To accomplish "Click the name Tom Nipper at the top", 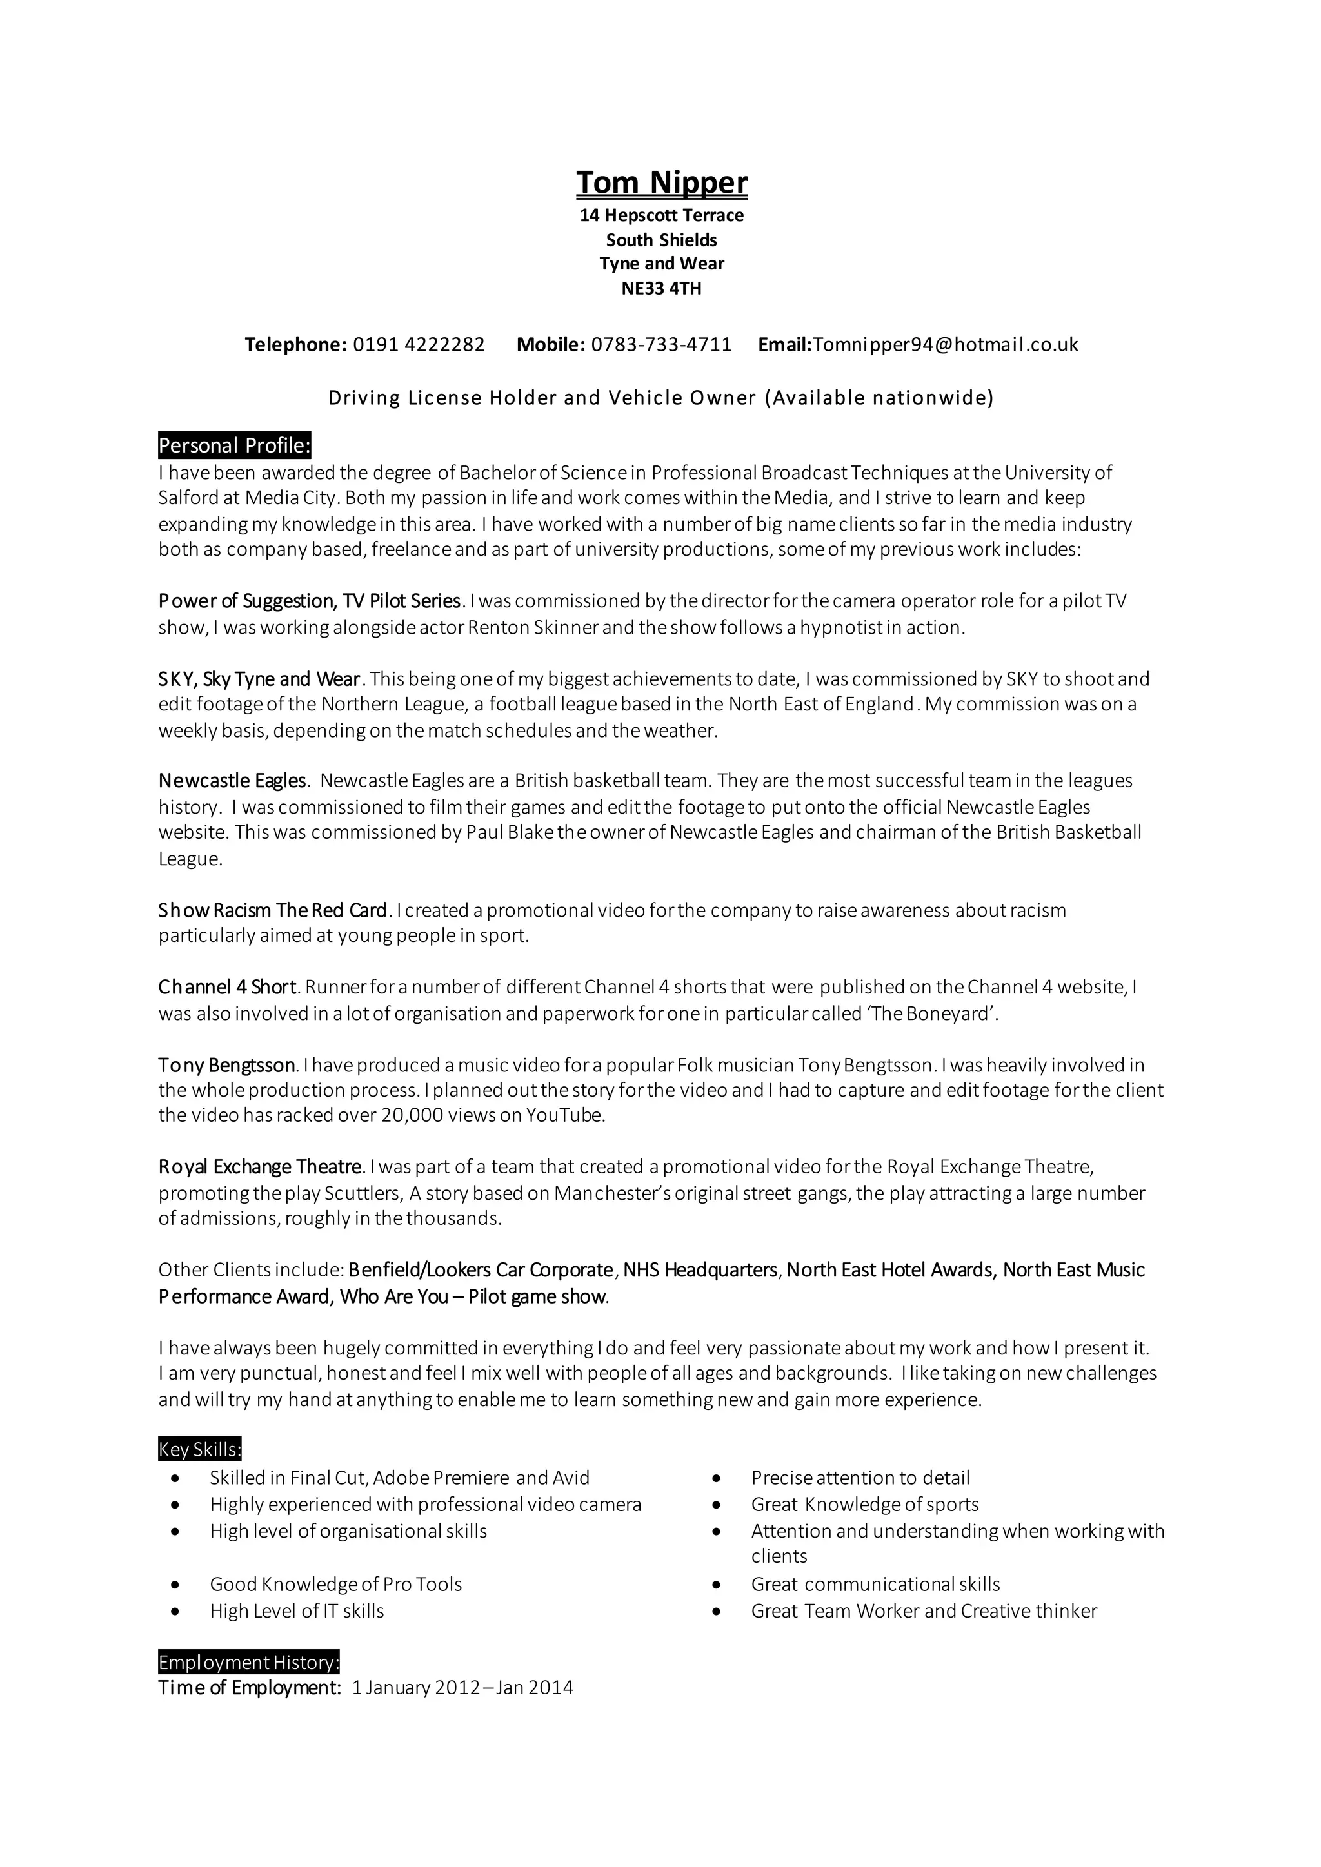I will (661, 183).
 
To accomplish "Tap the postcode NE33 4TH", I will (661, 289).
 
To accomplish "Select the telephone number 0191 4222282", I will (418, 345).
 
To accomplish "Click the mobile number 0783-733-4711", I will (661, 345).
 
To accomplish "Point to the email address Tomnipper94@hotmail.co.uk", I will (945, 345).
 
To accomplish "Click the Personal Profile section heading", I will (234, 445).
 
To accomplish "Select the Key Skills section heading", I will (199, 1450).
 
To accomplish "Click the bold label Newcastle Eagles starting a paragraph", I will (232, 781).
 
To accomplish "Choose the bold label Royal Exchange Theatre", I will (259, 1168).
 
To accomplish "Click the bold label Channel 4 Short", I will (227, 987).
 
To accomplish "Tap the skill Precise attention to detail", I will (860, 1478).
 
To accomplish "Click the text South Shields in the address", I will (661, 240).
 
